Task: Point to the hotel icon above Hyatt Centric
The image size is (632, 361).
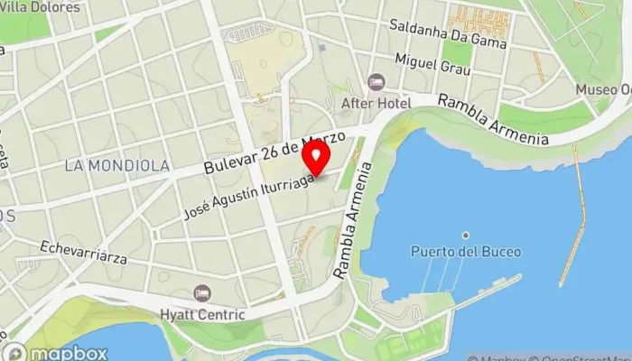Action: tap(201, 294)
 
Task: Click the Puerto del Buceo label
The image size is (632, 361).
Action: tap(465, 252)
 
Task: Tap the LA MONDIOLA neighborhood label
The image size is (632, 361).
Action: tap(116, 166)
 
